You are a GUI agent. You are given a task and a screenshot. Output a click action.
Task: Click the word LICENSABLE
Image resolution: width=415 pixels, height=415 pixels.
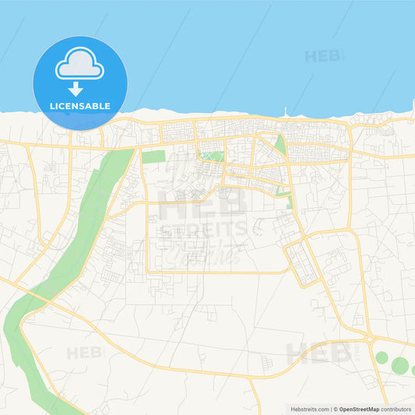tap(81, 105)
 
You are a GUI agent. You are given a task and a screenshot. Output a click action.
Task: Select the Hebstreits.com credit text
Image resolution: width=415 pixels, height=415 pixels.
tap(308, 408)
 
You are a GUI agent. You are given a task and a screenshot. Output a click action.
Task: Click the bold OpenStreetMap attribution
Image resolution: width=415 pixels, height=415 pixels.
tap(358, 408)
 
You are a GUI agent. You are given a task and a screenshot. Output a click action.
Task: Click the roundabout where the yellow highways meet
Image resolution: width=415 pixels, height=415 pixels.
tap(368, 339)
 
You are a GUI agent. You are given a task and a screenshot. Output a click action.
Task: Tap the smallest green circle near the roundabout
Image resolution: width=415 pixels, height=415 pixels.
tap(382, 358)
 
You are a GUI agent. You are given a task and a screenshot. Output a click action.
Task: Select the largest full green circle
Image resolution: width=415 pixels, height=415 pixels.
tap(399, 365)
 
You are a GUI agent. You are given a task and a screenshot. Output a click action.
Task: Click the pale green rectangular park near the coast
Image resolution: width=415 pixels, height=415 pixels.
tap(153, 157)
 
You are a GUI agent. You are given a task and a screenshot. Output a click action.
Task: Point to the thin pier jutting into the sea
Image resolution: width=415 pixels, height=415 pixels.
tap(286, 112)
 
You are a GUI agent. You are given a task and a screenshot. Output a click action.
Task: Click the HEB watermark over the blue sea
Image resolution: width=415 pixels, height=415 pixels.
tap(323, 56)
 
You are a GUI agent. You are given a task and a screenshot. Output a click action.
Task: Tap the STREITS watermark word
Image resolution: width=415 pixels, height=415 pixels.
tap(204, 230)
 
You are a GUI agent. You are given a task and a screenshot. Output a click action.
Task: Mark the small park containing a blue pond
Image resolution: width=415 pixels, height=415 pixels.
tap(211, 157)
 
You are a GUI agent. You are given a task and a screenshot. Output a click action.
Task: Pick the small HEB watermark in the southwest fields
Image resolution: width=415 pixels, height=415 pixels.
tap(85, 353)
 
